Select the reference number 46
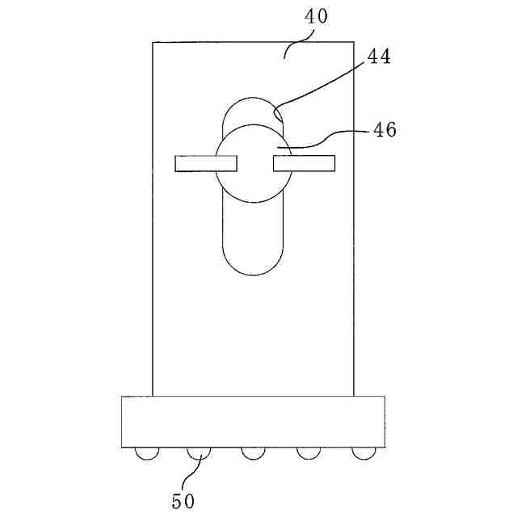(x=385, y=129)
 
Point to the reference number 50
(x=183, y=501)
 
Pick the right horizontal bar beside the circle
(x=305, y=164)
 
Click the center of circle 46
(x=252, y=164)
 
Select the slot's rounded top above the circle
(x=252, y=109)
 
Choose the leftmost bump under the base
(x=146, y=454)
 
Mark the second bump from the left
(x=199, y=454)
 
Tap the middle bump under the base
(x=253, y=454)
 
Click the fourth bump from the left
(x=308, y=454)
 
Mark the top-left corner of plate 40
(x=153, y=42)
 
